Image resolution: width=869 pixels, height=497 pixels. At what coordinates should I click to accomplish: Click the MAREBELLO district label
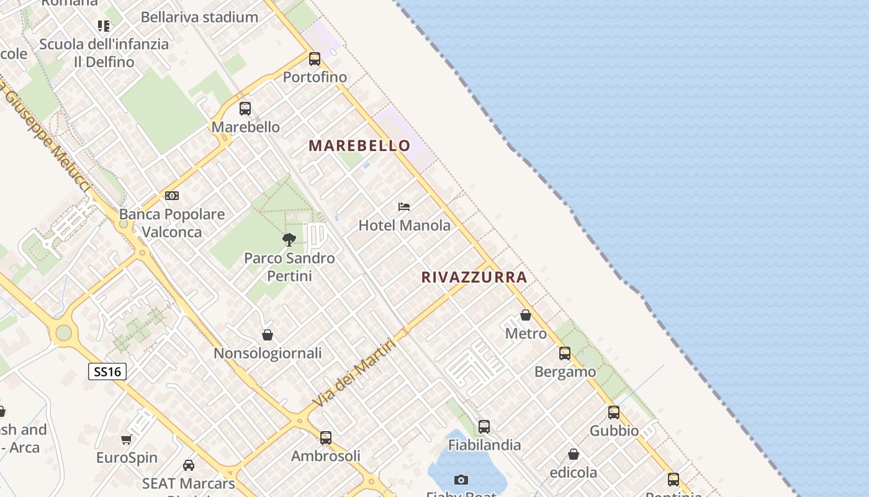[359, 145]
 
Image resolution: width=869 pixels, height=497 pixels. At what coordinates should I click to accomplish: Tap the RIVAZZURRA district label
[474, 277]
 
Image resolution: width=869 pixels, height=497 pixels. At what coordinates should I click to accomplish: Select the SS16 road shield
[107, 372]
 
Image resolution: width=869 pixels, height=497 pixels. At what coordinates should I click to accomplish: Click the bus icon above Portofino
[315, 59]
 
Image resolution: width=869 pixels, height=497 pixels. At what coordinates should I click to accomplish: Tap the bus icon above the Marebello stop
[245, 109]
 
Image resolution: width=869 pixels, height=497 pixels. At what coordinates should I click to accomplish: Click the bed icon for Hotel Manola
[404, 206]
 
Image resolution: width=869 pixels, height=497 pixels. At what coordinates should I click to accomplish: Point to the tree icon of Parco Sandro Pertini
[289, 239]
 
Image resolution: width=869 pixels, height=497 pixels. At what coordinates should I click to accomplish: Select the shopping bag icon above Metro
[526, 315]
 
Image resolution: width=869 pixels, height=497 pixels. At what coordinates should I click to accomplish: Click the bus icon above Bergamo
[565, 353]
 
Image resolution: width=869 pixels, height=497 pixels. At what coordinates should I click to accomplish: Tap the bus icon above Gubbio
[614, 412]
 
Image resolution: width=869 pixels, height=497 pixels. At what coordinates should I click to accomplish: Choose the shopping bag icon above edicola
[574, 454]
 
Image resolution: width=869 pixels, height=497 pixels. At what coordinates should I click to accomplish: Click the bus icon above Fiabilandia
[484, 427]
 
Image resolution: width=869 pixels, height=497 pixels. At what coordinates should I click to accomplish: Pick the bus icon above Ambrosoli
[326, 437]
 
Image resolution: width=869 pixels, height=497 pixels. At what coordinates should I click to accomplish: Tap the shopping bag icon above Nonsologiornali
[268, 335]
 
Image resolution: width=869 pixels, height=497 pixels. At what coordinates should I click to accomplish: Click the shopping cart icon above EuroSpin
[127, 440]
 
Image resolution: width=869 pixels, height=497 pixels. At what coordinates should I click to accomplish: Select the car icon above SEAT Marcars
[189, 465]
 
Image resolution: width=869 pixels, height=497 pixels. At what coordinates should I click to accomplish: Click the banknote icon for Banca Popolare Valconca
[172, 196]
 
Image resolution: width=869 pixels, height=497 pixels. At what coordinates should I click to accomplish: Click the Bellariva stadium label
[199, 17]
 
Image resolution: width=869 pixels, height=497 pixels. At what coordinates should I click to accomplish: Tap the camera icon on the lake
[461, 480]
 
